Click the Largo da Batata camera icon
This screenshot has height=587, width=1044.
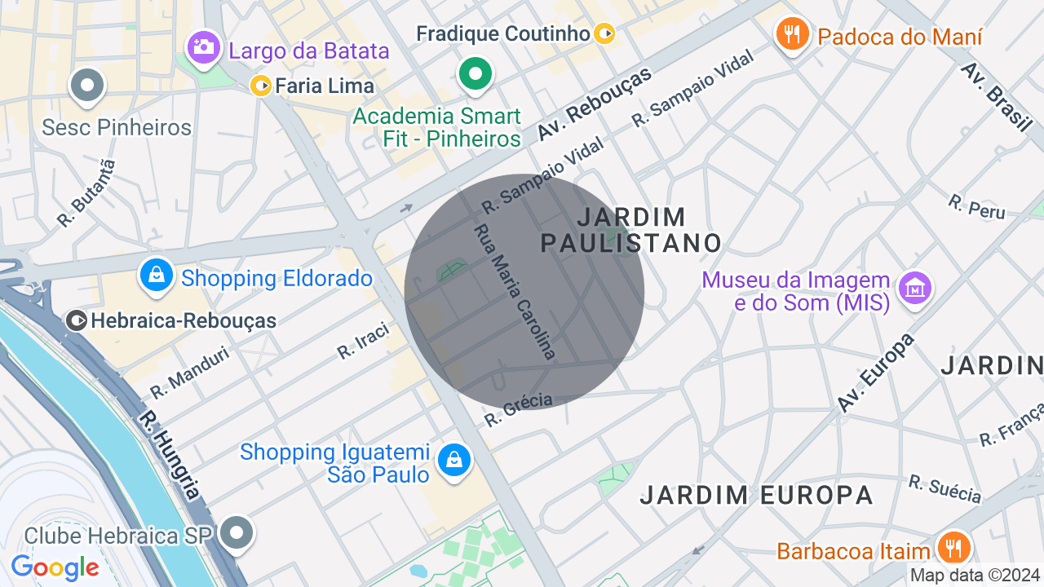pyautogui.click(x=203, y=46)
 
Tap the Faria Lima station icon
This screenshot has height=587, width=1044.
pyautogui.click(x=262, y=86)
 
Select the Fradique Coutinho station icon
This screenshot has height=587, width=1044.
pyautogui.click(x=604, y=33)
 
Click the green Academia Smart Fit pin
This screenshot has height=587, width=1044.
pyautogui.click(x=475, y=74)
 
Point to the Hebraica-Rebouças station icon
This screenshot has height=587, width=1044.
pyautogui.click(x=77, y=321)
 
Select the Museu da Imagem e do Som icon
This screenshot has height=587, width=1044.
pyautogui.click(x=915, y=288)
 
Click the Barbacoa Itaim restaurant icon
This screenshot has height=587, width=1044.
pyautogui.click(x=951, y=546)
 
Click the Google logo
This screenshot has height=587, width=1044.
pyautogui.click(x=55, y=567)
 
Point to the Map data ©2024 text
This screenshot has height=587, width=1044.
pyautogui.click(x=975, y=576)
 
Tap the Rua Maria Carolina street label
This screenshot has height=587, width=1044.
pyautogui.click(x=515, y=292)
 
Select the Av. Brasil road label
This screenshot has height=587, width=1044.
pyautogui.click(x=997, y=95)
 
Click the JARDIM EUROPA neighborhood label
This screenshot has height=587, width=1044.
pyautogui.click(x=756, y=495)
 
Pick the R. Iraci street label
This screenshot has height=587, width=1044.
pyautogui.click(x=363, y=341)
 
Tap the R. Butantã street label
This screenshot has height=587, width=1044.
pyautogui.click(x=86, y=193)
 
